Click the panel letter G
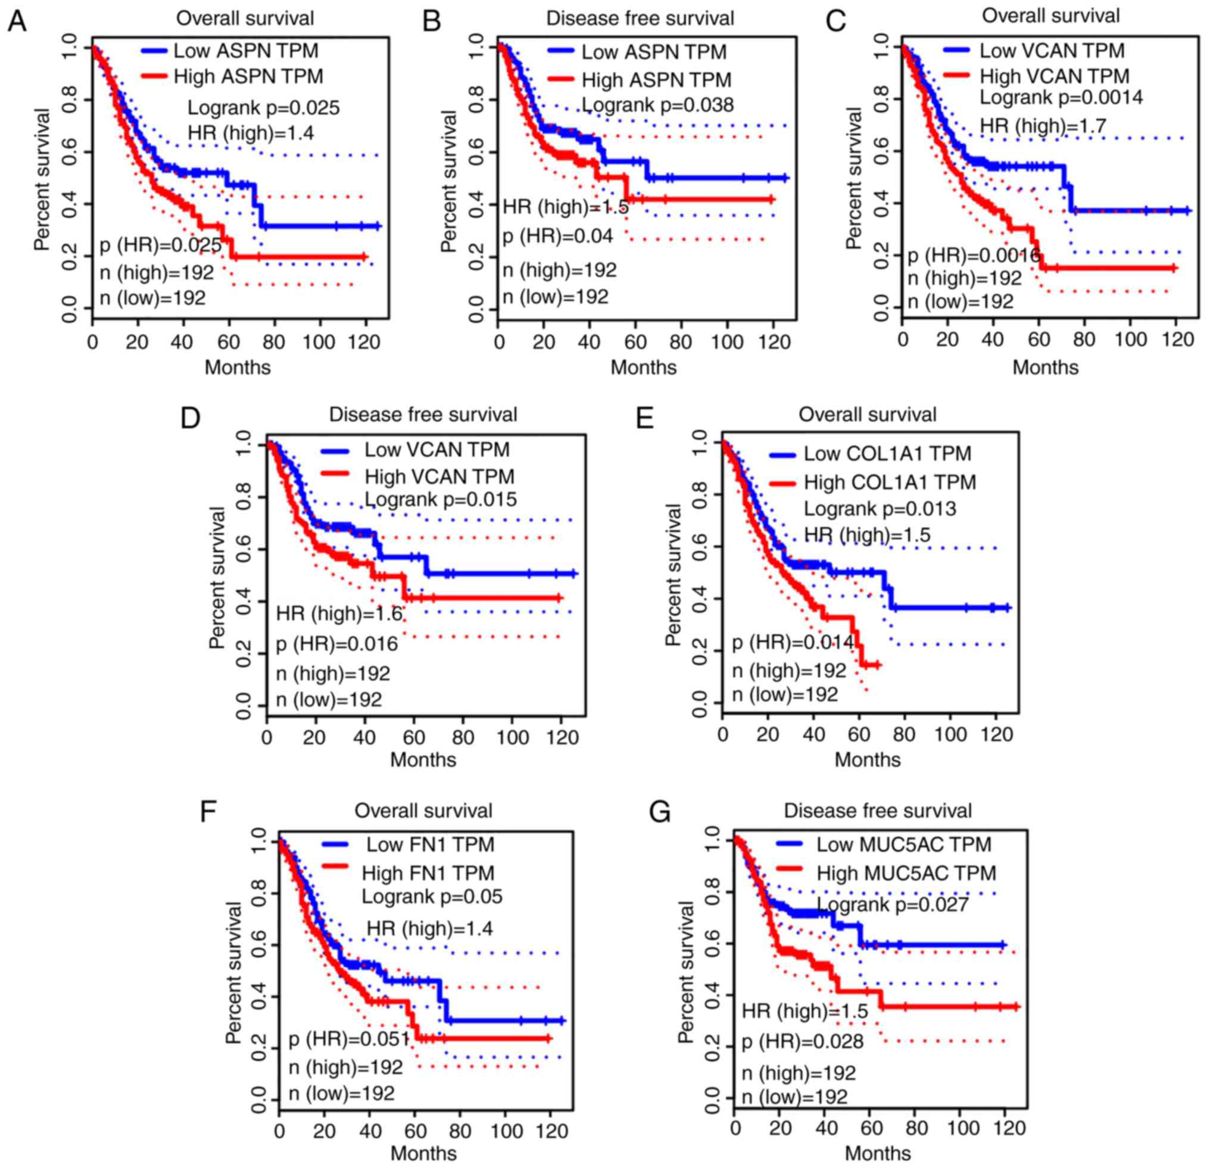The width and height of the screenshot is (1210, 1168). point(660,813)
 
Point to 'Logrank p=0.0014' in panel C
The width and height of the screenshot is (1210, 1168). point(1061,97)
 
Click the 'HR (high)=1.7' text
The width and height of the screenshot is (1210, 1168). point(1043,125)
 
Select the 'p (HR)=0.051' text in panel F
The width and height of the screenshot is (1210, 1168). point(349,1039)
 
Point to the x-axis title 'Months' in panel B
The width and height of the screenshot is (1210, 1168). point(643,367)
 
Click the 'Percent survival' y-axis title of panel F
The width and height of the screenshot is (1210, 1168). point(234,972)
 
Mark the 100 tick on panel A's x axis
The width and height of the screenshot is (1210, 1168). point(320,341)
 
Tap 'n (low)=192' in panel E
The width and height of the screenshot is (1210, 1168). point(785,694)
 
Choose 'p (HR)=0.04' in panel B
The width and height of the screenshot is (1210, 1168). point(557,236)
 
